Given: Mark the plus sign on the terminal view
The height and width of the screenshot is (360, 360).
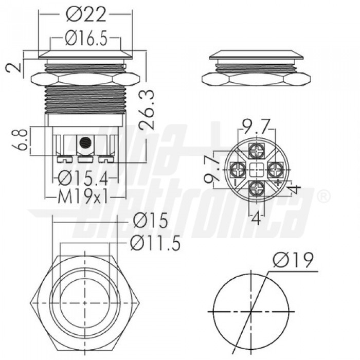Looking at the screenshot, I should [x=278, y=181].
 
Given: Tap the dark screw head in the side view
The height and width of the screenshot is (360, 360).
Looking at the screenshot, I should [x=85, y=142].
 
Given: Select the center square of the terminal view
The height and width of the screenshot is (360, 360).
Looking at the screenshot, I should [x=256, y=169].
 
